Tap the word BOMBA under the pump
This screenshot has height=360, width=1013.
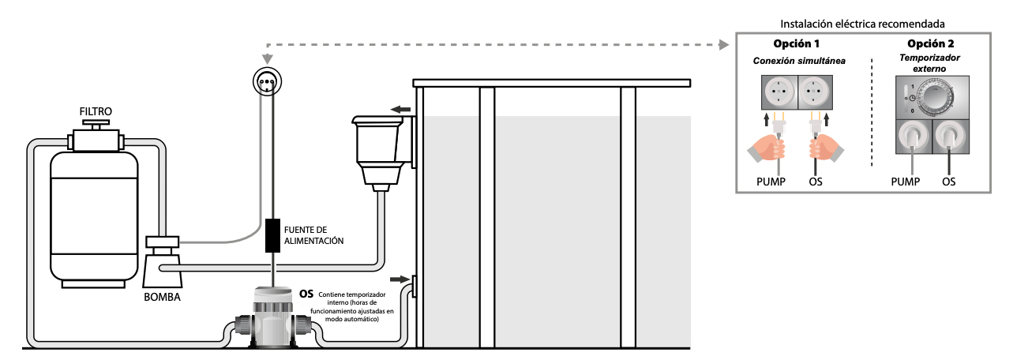click(x=162, y=298)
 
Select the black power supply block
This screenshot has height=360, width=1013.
click(x=273, y=234)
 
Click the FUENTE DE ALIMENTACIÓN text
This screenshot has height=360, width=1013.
click(x=314, y=234)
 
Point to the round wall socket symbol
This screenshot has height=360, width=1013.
click(x=267, y=81)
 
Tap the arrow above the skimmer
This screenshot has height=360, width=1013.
click(x=401, y=109)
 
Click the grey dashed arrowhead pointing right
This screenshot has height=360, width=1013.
click(x=721, y=45)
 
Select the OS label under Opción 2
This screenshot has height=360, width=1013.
click(x=949, y=182)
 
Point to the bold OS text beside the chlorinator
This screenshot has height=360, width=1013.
click(x=307, y=294)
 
